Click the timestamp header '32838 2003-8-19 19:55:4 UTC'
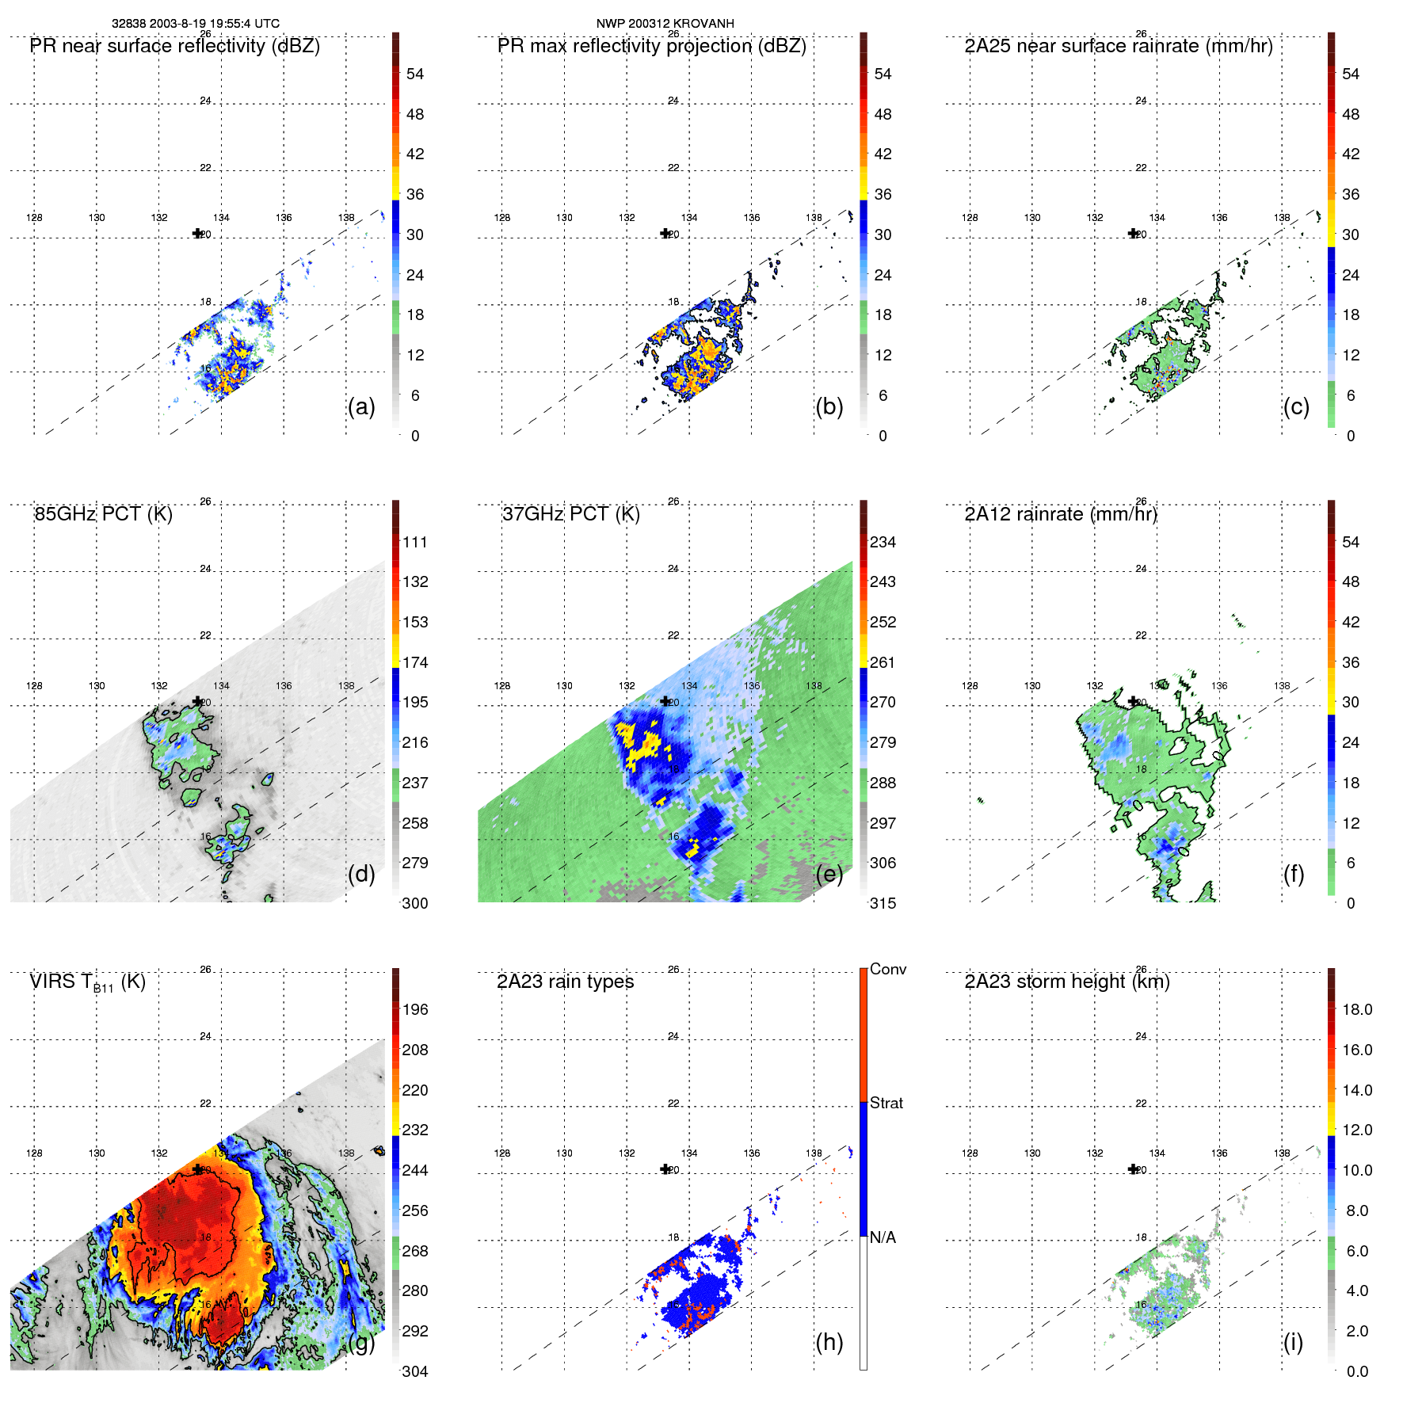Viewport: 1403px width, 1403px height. pyautogui.click(x=195, y=24)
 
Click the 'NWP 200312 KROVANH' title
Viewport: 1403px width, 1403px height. pyautogui.click(x=665, y=24)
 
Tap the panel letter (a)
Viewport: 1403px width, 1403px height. pyautogui.click(x=361, y=407)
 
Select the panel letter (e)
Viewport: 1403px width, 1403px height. pyautogui.click(x=829, y=875)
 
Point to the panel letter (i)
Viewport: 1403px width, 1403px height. pyautogui.click(x=1293, y=1342)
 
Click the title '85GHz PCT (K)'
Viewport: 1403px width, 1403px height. pyautogui.click(x=103, y=514)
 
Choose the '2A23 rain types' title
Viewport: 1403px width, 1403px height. pyautogui.click(x=565, y=982)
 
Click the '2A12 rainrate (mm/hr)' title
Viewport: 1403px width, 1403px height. pyautogui.click(x=1061, y=514)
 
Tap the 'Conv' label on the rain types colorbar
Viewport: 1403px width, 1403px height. pyautogui.click(x=888, y=970)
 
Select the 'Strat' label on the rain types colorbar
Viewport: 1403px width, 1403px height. pyautogui.click(x=886, y=1104)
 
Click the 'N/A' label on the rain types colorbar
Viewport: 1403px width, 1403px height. pyautogui.click(x=883, y=1237)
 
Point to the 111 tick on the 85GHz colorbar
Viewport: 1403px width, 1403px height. pyautogui.click(x=415, y=543)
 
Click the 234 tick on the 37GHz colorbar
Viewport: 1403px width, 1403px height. pyautogui.click(x=883, y=543)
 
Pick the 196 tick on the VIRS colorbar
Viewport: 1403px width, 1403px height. pyautogui.click(x=415, y=1010)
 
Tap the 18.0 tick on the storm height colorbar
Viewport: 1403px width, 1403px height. pyautogui.click(x=1357, y=1010)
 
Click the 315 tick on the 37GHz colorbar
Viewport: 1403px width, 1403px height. pyautogui.click(x=883, y=904)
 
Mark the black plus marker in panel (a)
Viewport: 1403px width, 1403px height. pyautogui.click(x=197, y=233)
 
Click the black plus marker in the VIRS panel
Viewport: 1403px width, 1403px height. pyautogui.click(x=197, y=1169)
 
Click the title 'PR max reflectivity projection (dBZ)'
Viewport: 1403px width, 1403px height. pyautogui.click(x=651, y=46)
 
